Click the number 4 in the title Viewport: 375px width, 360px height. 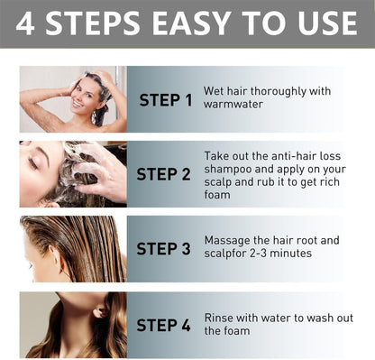[26, 24]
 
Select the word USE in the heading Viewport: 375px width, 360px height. [327, 24]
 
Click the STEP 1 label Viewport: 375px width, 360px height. [165, 99]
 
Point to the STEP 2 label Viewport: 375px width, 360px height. [165, 174]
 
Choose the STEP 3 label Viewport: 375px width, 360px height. [165, 248]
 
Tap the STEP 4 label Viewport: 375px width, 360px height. [165, 324]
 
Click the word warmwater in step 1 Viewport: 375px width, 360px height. [233, 105]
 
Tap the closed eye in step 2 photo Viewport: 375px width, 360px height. [33, 162]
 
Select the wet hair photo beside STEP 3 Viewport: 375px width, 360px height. [72, 248]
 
